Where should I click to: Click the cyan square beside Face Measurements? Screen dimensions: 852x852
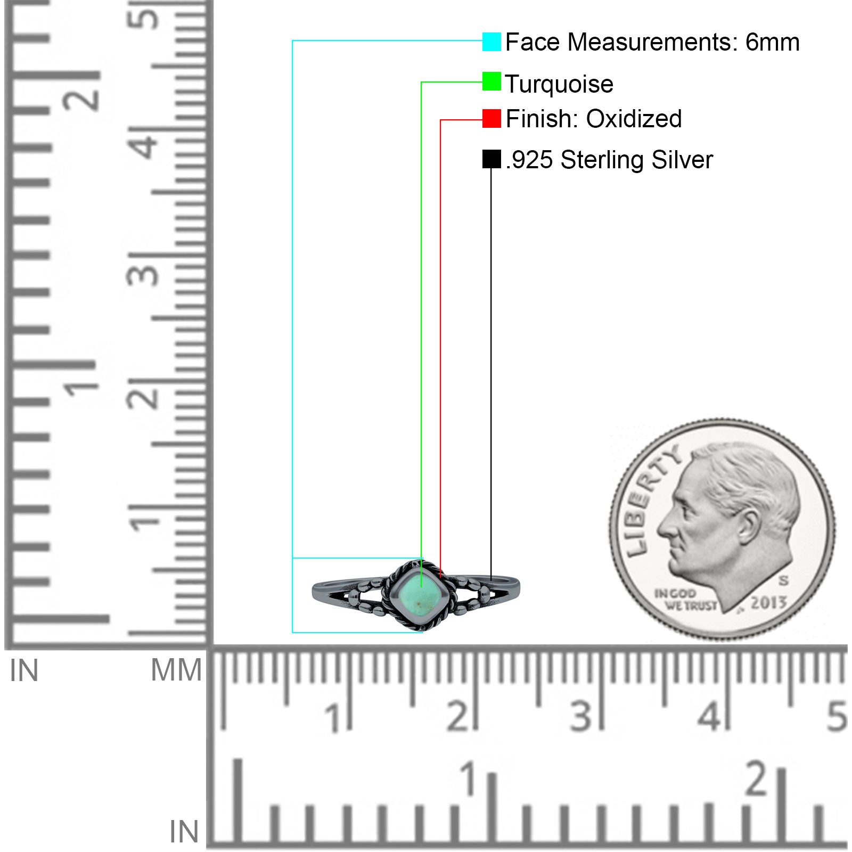(x=491, y=42)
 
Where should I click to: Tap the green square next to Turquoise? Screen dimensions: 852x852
(x=491, y=81)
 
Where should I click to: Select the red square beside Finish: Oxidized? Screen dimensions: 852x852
(x=491, y=119)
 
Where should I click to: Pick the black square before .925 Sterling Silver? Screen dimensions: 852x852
(x=491, y=159)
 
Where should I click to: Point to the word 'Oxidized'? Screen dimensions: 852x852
(x=634, y=119)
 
